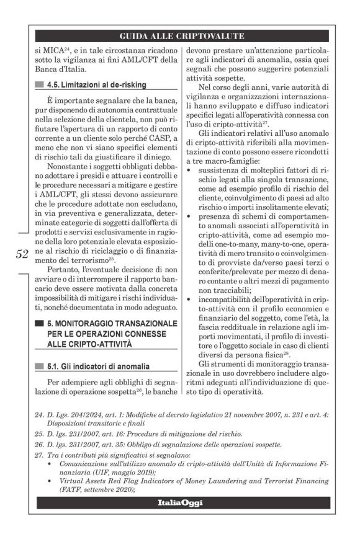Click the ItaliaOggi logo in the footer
(x=179, y=502)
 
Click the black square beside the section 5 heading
(x=40, y=323)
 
